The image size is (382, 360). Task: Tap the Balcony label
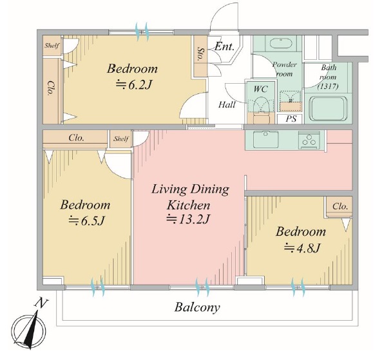[197, 308]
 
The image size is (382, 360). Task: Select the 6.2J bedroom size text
[134, 85]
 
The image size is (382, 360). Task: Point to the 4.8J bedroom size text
[301, 248]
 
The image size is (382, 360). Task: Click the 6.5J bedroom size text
[86, 221]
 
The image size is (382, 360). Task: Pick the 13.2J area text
[188, 219]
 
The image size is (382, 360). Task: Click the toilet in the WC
[261, 107]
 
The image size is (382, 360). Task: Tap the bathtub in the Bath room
[329, 109]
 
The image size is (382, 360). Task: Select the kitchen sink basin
[266, 139]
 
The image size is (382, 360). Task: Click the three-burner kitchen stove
[309, 140]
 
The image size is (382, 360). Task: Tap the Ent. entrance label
[224, 46]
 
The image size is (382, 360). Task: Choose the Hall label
[227, 105]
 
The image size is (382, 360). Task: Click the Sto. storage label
[200, 54]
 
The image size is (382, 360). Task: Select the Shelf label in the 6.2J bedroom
[52, 46]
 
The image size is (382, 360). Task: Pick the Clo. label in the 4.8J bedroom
[339, 207]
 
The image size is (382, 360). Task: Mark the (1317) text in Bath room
[328, 86]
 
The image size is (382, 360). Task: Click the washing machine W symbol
[291, 100]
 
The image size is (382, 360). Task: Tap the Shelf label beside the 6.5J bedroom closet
[121, 139]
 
